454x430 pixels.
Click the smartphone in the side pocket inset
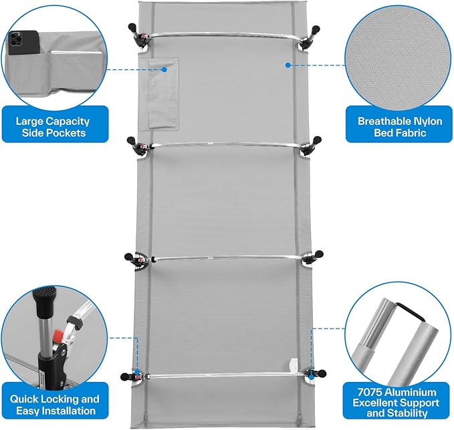[23, 43]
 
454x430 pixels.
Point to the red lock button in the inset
[58, 336]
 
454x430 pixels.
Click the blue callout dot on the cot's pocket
[164, 69]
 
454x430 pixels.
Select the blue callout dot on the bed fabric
[288, 65]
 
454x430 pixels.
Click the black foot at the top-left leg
[132, 28]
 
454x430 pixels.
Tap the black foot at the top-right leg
[316, 29]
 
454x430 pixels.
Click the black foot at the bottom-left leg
[124, 377]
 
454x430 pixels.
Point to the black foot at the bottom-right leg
[322, 373]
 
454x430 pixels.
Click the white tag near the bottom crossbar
[293, 365]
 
